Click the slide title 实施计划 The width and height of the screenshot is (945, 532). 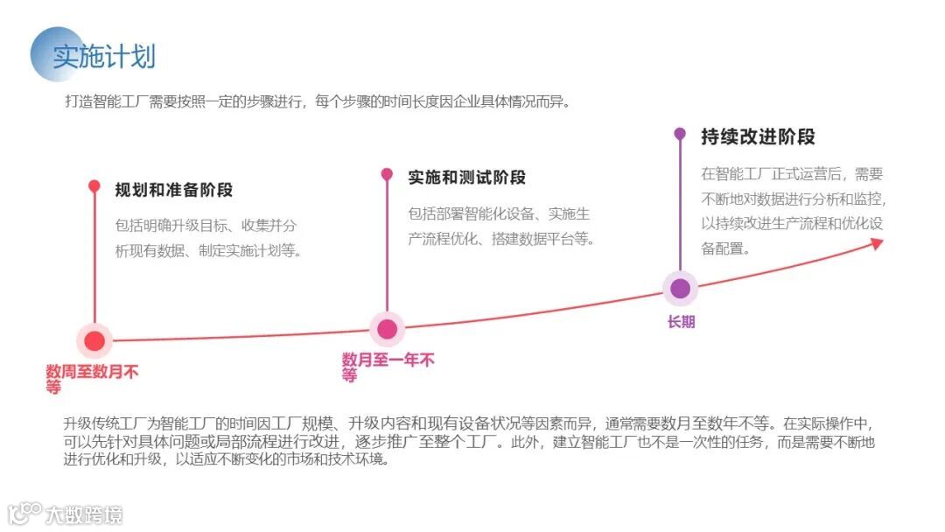coord(104,56)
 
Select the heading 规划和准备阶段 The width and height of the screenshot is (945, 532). coord(174,190)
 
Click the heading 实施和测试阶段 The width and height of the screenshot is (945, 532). coord(467,178)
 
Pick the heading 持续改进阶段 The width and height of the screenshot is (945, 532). coord(758,136)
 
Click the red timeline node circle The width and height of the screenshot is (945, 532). coord(95,340)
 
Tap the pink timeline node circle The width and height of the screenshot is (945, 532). coord(387,330)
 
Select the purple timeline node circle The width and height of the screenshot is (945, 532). coord(680,289)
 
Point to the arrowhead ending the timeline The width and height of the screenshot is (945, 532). coord(877,243)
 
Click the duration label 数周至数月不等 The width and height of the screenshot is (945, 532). coord(92,379)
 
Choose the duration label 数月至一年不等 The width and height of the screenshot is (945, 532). coord(388,367)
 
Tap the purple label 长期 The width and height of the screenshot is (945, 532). coord(681,322)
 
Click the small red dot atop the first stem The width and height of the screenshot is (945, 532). coord(94,185)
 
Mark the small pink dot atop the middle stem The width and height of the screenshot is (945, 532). coord(387,174)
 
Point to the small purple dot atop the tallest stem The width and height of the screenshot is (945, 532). coord(680,134)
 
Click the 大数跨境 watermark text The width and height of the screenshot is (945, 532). coord(84,514)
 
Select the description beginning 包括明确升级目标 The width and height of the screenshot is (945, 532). coord(208,238)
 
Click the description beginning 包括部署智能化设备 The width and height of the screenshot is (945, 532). coord(500,226)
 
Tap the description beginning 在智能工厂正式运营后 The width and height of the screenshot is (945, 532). coord(793,211)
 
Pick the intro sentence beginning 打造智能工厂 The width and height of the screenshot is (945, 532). coord(318,101)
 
